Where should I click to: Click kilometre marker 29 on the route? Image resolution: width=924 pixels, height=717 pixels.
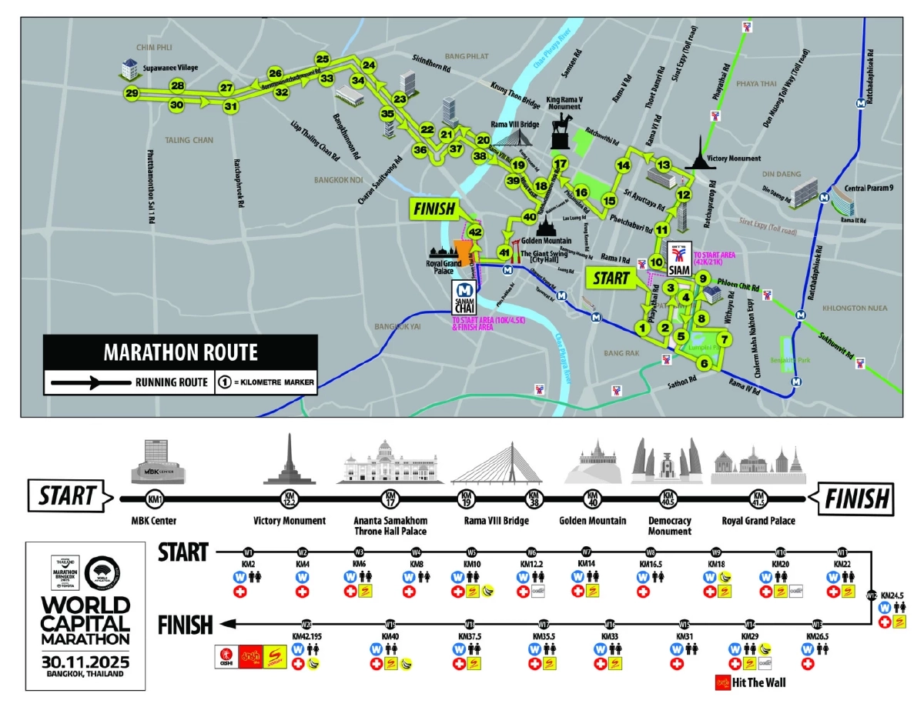pos(132,94)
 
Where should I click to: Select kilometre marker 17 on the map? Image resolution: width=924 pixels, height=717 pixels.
pos(561,164)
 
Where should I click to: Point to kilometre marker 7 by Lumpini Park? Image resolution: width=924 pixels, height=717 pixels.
pos(722,338)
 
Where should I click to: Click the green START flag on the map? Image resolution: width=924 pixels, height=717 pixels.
pos(611,278)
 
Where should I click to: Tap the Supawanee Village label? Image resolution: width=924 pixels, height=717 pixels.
pos(170,68)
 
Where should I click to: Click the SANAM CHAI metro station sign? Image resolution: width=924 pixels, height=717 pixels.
pos(464,297)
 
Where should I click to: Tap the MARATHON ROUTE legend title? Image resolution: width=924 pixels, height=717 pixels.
pos(180,353)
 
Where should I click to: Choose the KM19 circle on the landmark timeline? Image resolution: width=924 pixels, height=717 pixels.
pos(466,498)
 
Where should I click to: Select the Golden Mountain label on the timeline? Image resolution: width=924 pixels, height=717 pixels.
pos(592,521)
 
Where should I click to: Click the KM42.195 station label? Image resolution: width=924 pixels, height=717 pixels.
pos(308,636)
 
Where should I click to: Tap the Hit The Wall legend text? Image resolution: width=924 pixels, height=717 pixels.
pos(758,682)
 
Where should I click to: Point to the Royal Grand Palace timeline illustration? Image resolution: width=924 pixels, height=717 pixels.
pos(758,466)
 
